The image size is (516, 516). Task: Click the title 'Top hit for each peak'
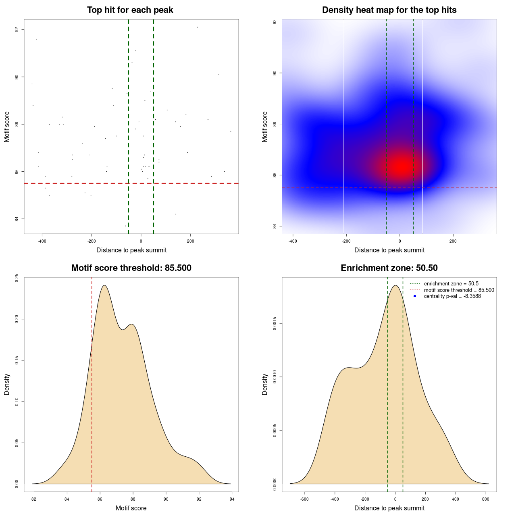pyautogui.click(x=130, y=10)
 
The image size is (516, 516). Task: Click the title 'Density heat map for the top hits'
pyautogui.click(x=389, y=10)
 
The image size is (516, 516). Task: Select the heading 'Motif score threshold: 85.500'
pyautogui.click(x=131, y=268)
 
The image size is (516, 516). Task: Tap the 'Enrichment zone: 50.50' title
pyautogui.click(x=389, y=268)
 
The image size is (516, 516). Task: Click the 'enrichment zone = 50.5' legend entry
pyautogui.click(x=451, y=284)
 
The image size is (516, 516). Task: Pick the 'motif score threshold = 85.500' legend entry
pyautogui.click(x=459, y=290)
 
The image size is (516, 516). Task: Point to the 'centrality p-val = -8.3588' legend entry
pyautogui.click(x=452, y=296)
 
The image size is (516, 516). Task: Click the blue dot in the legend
pyautogui.click(x=415, y=296)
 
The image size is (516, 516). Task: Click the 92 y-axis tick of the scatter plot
pyautogui.click(x=17, y=30)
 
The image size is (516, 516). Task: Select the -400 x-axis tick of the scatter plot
pyautogui.click(x=42, y=241)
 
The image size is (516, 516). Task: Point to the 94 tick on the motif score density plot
pyautogui.click(x=232, y=499)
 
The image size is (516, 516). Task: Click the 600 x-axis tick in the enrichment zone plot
pyautogui.click(x=486, y=499)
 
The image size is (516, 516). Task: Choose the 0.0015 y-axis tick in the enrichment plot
pyautogui.click(x=275, y=324)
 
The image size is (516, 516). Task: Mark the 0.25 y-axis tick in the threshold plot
pyautogui.click(x=17, y=278)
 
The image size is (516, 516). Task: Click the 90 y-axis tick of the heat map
pyautogui.click(x=275, y=73)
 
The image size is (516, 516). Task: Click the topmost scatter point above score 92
pyautogui.click(x=198, y=27)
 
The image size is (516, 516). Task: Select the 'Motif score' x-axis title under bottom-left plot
pyautogui.click(x=131, y=508)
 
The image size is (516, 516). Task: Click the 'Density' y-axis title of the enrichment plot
pyautogui.click(x=265, y=384)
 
